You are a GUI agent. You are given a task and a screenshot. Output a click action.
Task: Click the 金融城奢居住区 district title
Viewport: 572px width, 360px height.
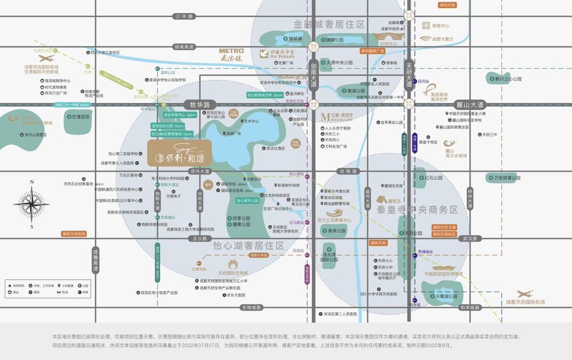[329, 24]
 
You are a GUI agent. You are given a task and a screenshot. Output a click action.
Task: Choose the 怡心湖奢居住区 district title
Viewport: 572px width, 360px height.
[248, 245]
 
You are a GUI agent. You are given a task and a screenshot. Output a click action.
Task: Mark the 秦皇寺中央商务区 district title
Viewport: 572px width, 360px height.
[417, 210]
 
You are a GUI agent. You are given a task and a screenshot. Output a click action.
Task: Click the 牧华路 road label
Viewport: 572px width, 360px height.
[200, 105]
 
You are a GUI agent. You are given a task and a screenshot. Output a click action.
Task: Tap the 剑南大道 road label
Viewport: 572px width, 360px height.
[313, 74]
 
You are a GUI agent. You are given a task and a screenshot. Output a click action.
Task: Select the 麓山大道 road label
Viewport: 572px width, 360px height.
[470, 105]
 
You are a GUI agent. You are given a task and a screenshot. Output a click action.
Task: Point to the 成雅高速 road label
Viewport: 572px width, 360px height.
[96, 259]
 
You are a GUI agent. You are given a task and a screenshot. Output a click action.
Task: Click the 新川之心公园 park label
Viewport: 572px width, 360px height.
[506, 78]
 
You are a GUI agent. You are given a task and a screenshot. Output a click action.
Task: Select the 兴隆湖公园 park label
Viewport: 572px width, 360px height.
[447, 296]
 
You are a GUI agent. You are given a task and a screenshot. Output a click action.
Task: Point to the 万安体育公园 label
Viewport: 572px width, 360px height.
[503, 178]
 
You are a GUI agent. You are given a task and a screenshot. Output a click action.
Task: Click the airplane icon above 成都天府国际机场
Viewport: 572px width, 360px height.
[525, 294]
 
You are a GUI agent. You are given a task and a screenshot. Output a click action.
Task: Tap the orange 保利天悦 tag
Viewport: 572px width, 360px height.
[447, 5]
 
